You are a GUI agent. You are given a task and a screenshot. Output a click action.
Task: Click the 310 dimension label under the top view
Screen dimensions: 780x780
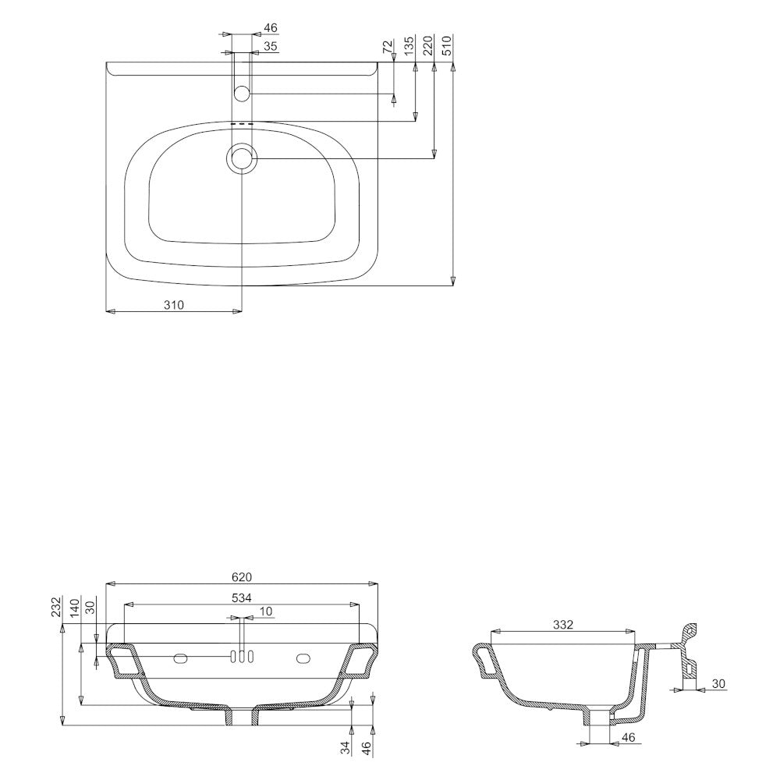174,305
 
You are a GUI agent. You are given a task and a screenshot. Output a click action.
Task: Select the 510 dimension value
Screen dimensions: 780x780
446,45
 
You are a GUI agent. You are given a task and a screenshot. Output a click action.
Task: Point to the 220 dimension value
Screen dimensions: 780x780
427,45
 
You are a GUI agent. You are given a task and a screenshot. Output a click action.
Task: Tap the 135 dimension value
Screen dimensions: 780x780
409,45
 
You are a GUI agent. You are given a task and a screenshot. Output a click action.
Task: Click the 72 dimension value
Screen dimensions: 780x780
388,47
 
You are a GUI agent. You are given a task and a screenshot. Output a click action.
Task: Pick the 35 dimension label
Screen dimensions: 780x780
270,47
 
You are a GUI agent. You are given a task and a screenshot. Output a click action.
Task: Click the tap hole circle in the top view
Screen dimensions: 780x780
242,93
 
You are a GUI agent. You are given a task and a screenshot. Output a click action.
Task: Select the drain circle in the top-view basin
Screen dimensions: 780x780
242,158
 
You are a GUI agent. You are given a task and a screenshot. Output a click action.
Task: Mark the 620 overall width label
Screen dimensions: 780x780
242,577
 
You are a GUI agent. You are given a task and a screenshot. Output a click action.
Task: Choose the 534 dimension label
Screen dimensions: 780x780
242,597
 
